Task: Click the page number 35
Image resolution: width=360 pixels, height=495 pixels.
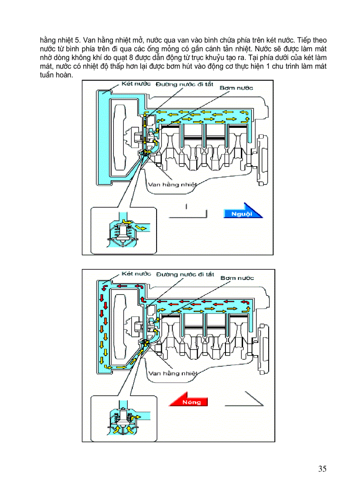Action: (x=322, y=469)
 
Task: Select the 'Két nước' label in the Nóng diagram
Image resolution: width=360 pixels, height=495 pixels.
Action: (x=136, y=274)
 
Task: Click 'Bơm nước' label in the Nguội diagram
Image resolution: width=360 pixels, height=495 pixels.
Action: (x=236, y=88)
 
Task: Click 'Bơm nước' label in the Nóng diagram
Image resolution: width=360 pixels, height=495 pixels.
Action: (x=237, y=278)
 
